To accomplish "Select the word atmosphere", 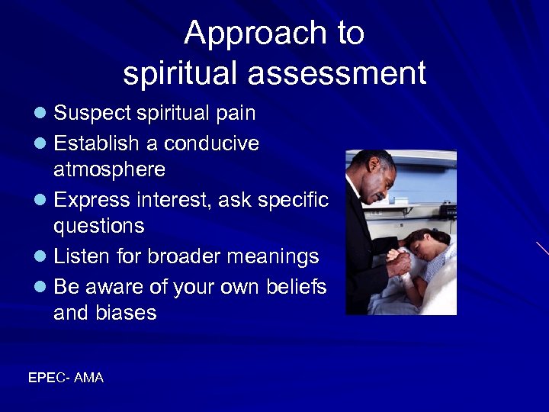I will [x=109, y=168].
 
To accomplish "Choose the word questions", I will [x=98, y=226].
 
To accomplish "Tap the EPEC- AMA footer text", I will [x=66, y=377].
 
